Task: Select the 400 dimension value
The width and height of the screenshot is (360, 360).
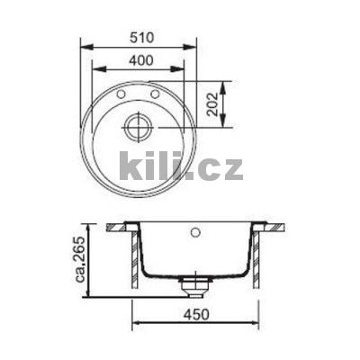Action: tap(137, 60)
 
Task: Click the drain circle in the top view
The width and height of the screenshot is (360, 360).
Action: tap(138, 126)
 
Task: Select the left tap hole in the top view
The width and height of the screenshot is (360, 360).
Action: tap(121, 94)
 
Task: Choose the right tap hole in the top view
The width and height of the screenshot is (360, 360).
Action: tap(155, 94)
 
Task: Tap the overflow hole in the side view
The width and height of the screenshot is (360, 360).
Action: tap(194, 232)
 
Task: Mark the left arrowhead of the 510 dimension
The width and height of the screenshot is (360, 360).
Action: tap(84, 49)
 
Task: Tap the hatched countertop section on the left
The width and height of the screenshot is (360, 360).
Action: tap(118, 227)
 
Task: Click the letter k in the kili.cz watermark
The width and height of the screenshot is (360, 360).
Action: tap(131, 166)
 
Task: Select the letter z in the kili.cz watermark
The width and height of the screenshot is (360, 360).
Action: tap(230, 168)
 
